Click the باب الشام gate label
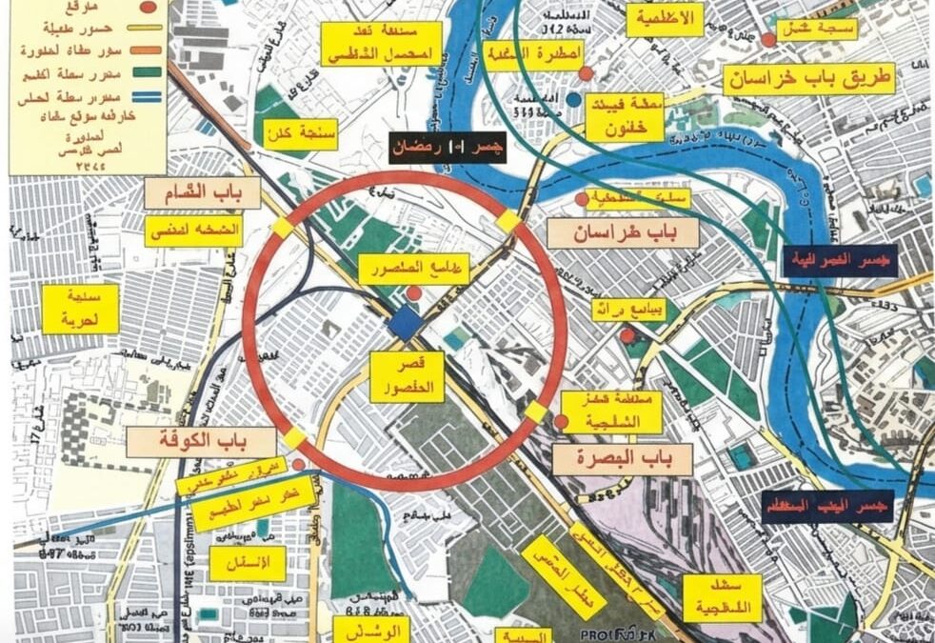194,196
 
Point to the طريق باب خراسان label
809,79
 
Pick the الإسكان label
248,563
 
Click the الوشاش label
371,630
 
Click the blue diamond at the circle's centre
407,324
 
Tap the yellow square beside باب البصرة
536,412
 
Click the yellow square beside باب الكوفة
294,437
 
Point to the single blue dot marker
573,98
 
